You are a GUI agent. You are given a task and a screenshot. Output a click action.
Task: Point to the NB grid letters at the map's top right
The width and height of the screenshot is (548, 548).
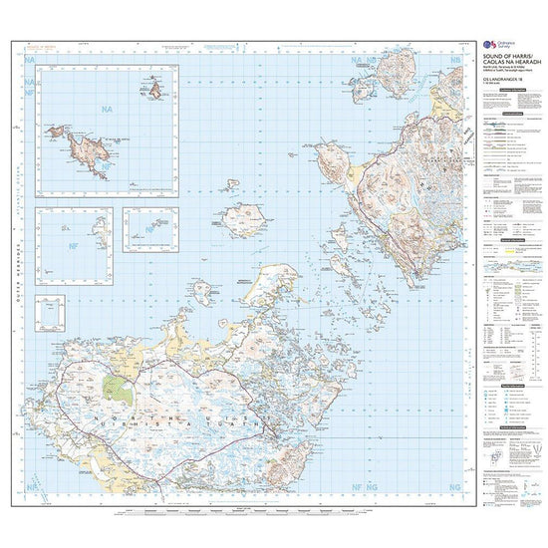455,62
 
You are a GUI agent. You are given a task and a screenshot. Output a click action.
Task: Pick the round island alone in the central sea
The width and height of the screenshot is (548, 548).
241,219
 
